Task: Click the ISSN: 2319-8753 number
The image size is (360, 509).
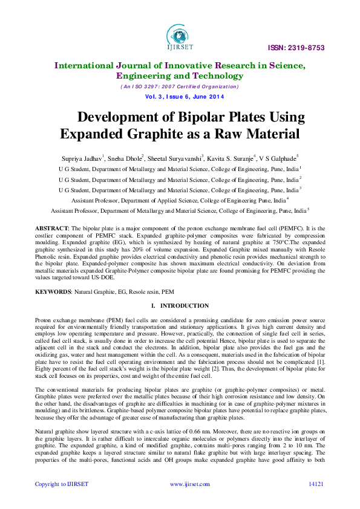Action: [x=304, y=48]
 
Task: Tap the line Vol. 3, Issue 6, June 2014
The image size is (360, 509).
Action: [x=180, y=97]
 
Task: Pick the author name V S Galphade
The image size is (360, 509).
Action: [x=278, y=158]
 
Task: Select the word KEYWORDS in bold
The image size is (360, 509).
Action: [x=53, y=291]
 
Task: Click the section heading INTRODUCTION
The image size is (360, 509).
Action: [x=185, y=306]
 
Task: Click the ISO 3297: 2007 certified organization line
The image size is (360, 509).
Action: [x=180, y=87]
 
